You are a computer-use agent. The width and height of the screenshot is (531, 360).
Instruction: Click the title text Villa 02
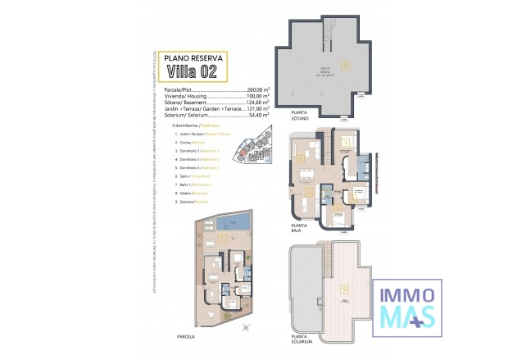[x=196, y=71]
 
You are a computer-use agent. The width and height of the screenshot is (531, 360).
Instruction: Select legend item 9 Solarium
[x=196, y=201]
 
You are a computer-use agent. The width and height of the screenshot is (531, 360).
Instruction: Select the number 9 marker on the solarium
[x=345, y=289]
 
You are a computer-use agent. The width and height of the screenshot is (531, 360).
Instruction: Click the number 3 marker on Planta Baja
[x=347, y=142]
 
